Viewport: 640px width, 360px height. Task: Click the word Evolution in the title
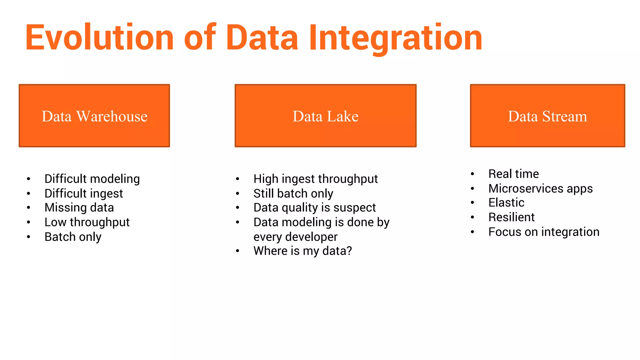pyautogui.click(x=99, y=37)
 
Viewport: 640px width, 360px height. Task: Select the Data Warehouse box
pyautogui.click(x=94, y=116)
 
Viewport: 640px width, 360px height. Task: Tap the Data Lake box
pyautogui.click(x=325, y=116)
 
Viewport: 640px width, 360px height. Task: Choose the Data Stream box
pyautogui.click(x=547, y=116)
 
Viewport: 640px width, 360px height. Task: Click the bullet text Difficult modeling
pyautogui.click(x=92, y=179)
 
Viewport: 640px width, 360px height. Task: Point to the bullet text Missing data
pyautogui.click(x=79, y=207)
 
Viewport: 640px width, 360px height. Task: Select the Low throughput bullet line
pyautogui.click(x=87, y=222)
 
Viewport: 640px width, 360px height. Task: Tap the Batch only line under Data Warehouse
pyautogui.click(x=73, y=237)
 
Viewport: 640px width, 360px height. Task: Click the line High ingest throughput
pyautogui.click(x=316, y=179)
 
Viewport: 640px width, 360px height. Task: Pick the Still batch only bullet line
pyautogui.click(x=293, y=193)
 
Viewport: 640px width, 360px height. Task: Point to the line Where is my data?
pyautogui.click(x=302, y=251)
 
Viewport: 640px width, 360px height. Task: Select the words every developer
pyautogui.click(x=295, y=237)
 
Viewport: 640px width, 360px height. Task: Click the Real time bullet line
pyautogui.click(x=513, y=174)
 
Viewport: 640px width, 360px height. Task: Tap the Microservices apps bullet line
pyautogui.click(x=540, y=188)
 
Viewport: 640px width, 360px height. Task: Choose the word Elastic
pyautogui.click(x=506, y=202)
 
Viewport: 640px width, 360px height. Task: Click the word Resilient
pyautogui.click(x=512, y=217)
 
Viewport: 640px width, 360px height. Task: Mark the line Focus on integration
pyautogui.click(x=544, y=232)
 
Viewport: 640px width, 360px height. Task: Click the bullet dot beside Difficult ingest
pyautogui.click(x=28, y=194)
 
